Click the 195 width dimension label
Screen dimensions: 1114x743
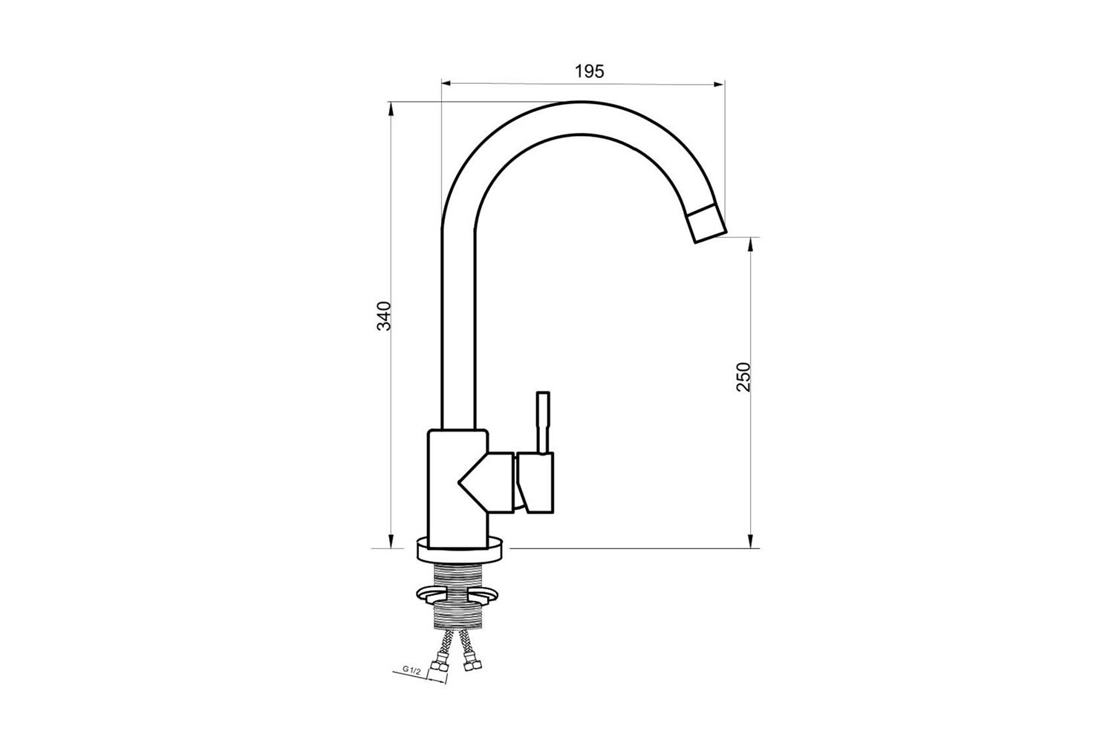590,71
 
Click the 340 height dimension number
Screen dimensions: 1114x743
385,316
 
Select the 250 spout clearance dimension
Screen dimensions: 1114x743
743,377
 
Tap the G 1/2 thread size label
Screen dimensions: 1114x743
411,670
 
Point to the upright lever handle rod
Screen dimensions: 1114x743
543,423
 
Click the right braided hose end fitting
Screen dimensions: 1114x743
470,663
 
